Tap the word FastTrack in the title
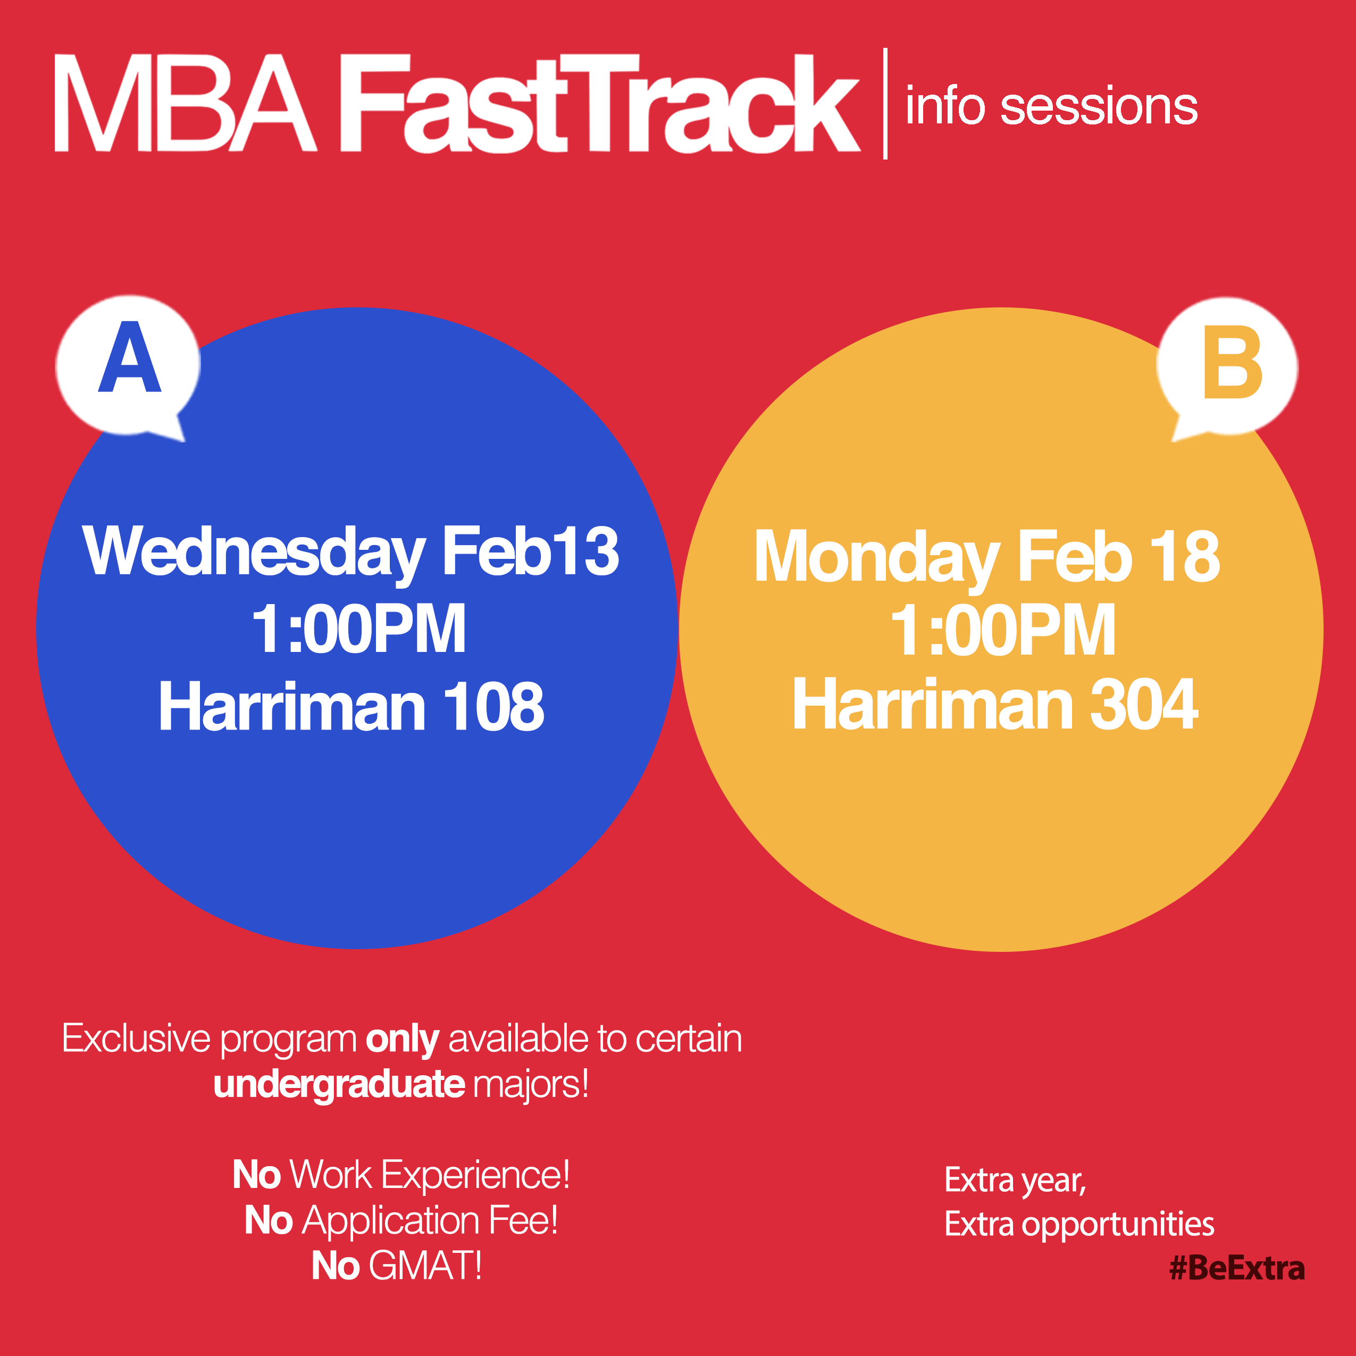(x=600, y=103)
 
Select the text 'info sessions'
(x=1051, y=107)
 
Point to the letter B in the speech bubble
(x=1233, y=362)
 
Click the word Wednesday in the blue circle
(x=254, y=554)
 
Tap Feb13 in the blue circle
(x=530, y=551)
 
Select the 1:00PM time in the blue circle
(x=358, y=629)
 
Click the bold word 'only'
(x=402, y=1040)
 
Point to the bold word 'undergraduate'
(x=339, y=1084)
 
